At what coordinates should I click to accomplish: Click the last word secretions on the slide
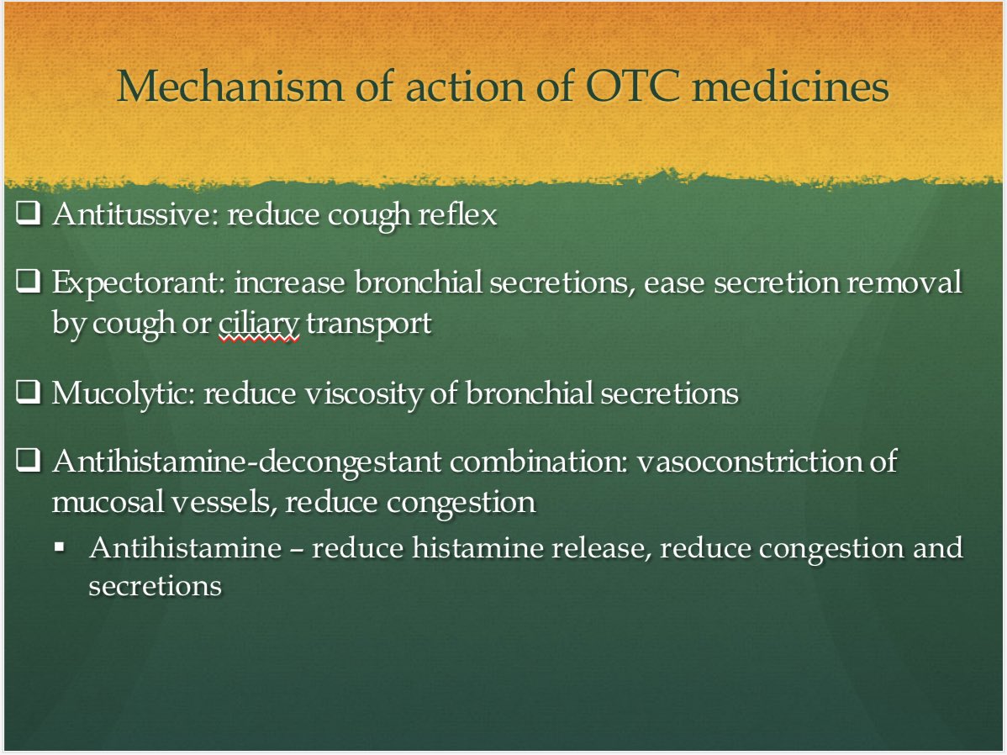[155, 586]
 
